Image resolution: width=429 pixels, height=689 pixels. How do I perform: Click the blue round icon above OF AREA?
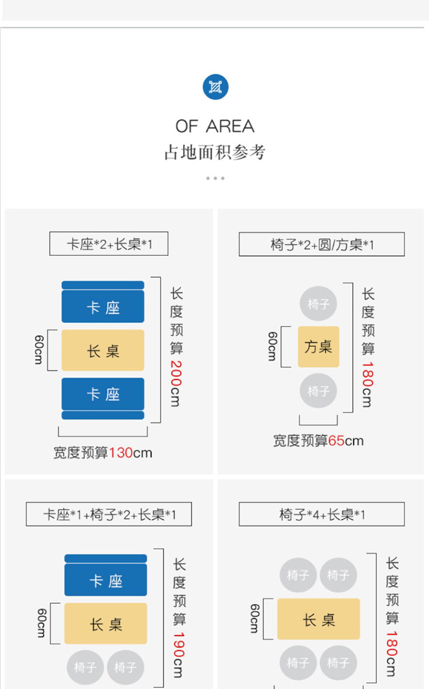(215, 87)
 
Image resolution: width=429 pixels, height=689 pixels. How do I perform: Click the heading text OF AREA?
(215, 126)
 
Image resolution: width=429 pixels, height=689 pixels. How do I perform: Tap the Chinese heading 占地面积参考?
(215, 153)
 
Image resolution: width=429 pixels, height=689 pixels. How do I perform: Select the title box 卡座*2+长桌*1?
(109, 244)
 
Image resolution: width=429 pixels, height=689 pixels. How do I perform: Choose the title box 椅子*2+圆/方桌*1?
(321, 244)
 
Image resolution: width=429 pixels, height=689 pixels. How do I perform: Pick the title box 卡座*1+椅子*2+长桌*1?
(109, 514)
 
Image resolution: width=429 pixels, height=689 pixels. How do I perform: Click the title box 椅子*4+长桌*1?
(321, 514)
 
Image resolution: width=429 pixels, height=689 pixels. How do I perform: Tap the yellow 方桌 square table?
(319, 347)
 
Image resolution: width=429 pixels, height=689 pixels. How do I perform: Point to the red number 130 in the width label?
(121, 453)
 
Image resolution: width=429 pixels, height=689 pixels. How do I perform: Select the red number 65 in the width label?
(336, 441)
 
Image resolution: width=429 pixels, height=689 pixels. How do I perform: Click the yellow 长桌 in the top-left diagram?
(103, 350)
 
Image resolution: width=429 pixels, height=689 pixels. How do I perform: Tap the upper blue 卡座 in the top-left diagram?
(103, 307)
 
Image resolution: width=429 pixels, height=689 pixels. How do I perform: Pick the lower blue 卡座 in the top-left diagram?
(103, 394)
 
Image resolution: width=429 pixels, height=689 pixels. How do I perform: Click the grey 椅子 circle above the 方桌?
(319, 304)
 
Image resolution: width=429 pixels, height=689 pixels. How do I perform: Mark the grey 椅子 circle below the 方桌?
(319, 391)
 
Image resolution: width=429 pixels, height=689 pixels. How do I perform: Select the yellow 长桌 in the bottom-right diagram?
(319, 619)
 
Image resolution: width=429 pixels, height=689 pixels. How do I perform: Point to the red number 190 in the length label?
(179, 644)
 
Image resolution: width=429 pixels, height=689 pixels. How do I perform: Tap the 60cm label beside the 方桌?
(273, 346)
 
